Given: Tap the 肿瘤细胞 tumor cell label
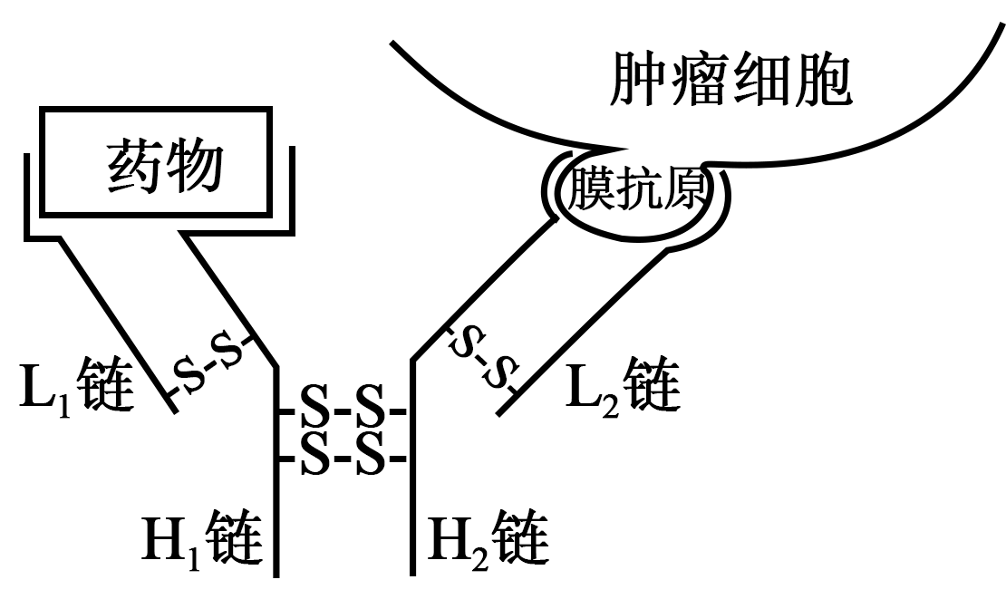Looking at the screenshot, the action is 730,80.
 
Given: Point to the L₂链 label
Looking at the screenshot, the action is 623,387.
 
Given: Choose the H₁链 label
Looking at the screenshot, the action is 202,537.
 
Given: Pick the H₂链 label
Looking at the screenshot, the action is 488,537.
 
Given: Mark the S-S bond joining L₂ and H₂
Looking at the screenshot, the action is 484,358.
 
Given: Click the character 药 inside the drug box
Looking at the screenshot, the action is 133,167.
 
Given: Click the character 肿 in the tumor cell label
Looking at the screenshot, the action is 636,80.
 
